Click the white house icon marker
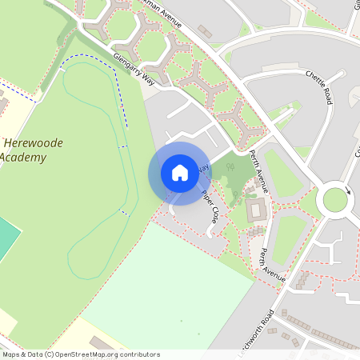click(x=179, y=173)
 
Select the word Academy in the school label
click(x=22, y=157)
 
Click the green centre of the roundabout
click(x=335, y=200)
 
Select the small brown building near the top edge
click(x=206, y=31)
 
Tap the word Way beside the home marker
click(x=203, y=168)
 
